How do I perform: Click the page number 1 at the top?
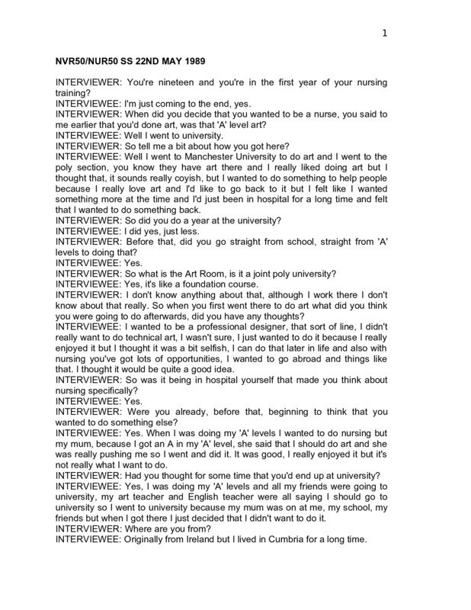pos(384,32)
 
